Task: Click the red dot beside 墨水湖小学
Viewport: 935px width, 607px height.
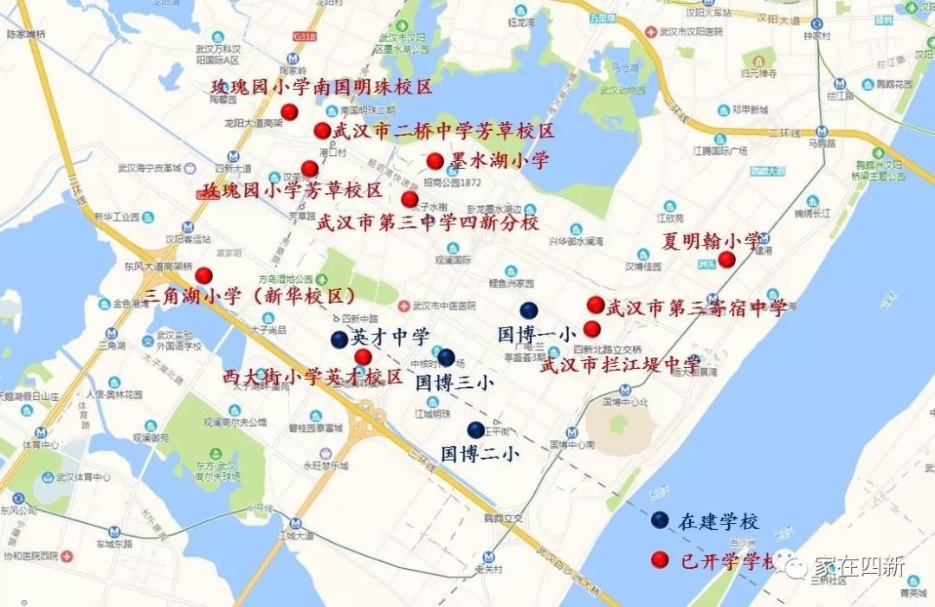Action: (435, 161)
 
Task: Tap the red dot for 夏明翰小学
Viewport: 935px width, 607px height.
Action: (727, 259)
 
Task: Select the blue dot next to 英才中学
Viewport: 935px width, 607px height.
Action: (339, 339)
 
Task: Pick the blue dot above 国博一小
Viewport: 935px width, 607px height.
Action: (529, 311)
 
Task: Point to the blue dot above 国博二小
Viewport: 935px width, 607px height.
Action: (475, 429)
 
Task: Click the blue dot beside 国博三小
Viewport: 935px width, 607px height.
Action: (446, 357)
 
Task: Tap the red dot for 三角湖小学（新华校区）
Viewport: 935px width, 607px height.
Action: (203, 276)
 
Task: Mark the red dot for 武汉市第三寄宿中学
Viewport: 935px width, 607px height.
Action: (596, 305)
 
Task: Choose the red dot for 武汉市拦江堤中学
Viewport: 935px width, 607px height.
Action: (592, 329)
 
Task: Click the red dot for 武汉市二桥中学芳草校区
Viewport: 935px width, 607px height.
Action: (322, 131)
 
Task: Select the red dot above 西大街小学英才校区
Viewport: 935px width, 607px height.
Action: (363, 357)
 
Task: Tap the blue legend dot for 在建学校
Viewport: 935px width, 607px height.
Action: (660, 520)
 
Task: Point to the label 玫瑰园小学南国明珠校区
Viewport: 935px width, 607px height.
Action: (321, 87)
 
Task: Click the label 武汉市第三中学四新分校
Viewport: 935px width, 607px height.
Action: (428, 223)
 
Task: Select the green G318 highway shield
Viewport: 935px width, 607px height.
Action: (303, 37)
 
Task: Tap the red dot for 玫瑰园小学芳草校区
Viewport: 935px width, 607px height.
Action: (309, 169)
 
